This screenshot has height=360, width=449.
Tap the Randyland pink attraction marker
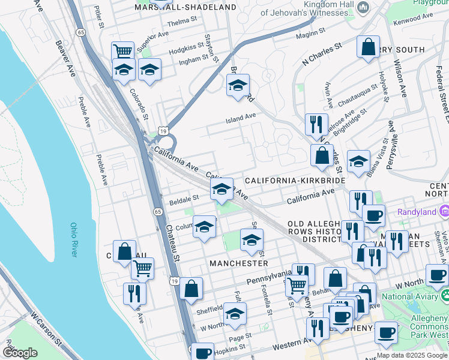coord(444,211)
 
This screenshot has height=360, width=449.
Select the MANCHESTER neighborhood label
coord(238,263)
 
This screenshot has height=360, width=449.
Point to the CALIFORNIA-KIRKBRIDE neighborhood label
coord(295,180)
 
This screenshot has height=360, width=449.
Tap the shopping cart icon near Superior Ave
coord(123,52)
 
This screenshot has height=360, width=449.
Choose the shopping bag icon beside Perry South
coord(368,47)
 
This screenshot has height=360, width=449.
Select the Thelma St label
coord(182,20)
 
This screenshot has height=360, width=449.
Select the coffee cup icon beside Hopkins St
coord(203,352)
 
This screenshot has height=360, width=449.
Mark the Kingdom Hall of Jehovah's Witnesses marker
coord(363,7)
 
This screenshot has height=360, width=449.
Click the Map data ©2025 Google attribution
coord(412,355)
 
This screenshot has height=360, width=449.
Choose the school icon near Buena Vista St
coord(358,161)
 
